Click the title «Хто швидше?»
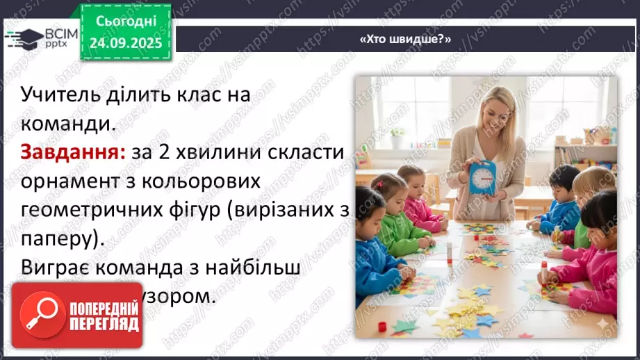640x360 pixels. [405, 40]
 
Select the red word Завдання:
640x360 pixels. [72, 153]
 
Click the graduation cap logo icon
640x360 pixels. [22, 38]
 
